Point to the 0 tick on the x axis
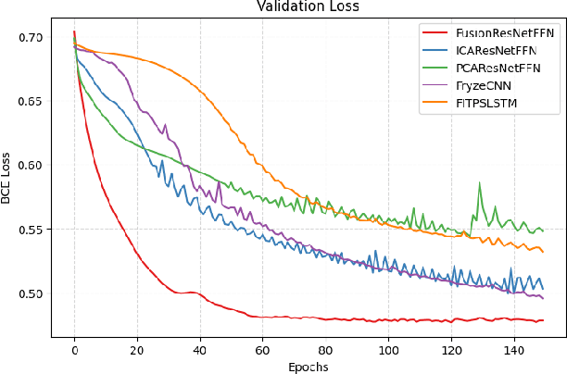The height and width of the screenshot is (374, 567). coord(74,350)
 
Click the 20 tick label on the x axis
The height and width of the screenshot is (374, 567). coord(137,350)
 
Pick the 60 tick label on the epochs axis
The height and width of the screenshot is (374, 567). coord(262,350)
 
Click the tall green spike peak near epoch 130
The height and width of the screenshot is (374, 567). coord(480,183)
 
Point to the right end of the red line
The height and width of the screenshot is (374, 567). coord(542,320)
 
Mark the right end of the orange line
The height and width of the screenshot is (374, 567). coord(542,251)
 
